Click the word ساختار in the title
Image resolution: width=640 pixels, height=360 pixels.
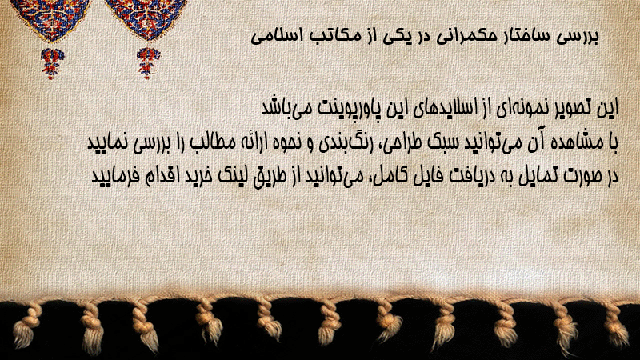pos(524,36)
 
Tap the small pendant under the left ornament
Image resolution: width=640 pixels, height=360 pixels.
pos(52,63)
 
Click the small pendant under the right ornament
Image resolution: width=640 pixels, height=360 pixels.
pos(148,63)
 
